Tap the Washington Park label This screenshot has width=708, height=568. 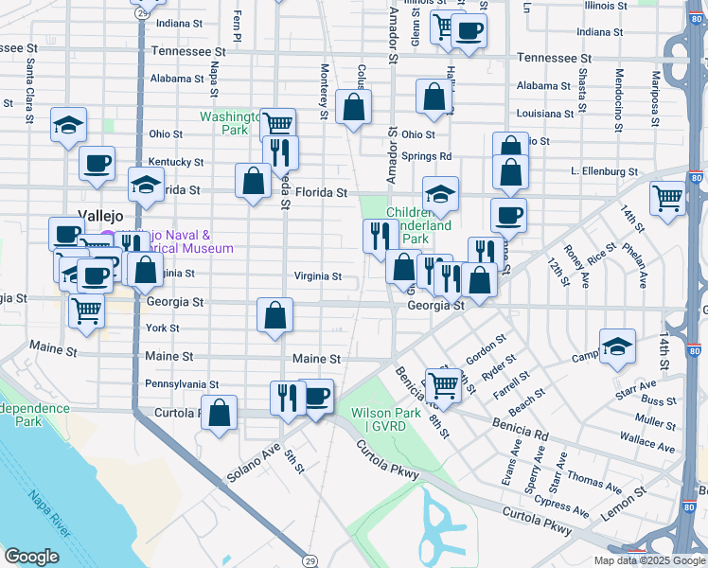click(x=229, y=124)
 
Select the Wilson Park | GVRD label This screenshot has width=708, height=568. click(x=385, y=419)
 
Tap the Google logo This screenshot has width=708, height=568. click(x=32, y=556)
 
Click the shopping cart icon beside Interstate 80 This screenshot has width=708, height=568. click(x=667, y=198)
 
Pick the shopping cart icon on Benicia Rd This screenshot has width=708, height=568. click(x=442, y=382)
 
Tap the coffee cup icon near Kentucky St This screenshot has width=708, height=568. click(x=97, y=162)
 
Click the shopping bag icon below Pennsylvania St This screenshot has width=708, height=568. click(x=220, y=412)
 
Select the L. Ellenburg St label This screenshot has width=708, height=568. click(x=604, y=171)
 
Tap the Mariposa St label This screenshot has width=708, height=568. click(x=654, y=89)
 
